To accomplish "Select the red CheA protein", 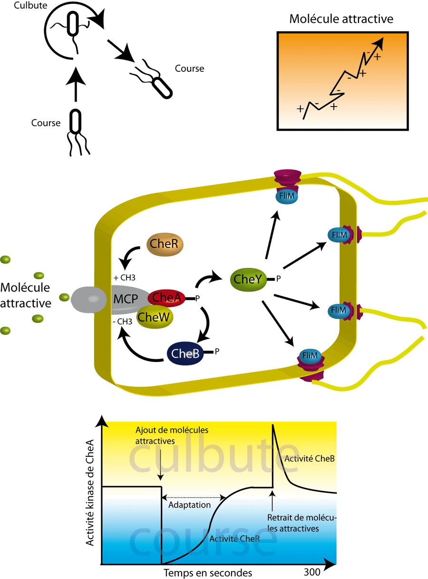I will coord(167,298).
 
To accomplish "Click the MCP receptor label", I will coord(125,300).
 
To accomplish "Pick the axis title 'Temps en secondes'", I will coord(207,572).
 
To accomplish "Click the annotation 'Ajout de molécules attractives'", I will coord(172,435).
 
